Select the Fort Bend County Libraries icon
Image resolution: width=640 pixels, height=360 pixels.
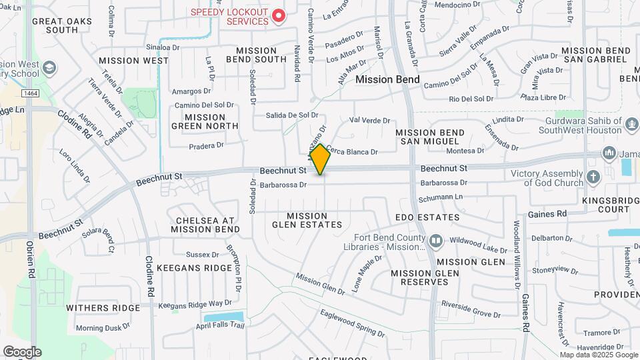pos(435,240)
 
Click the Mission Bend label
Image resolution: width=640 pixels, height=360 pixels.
pos(387,79)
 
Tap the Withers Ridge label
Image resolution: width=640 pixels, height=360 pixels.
pos(103,307)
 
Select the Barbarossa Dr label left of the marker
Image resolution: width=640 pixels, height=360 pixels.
pos(283,185)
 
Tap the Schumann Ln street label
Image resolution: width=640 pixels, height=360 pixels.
pos(440,198)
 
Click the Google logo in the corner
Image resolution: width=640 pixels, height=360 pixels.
pos(22,351)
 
